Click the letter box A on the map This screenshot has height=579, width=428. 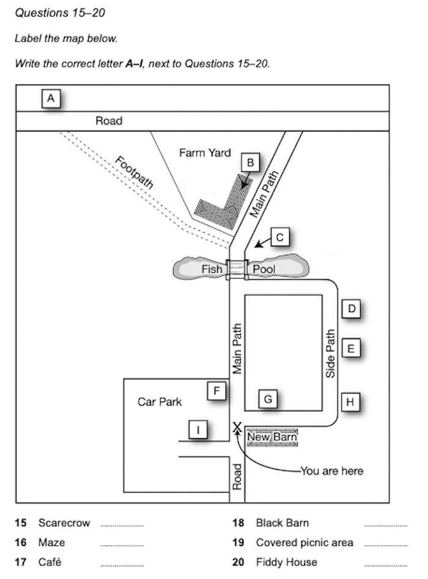[x=51, y=98]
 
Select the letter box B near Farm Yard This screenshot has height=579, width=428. [x=250, y=163]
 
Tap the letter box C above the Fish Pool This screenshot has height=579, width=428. [x=279, y=237]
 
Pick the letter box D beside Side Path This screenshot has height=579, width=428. [x=351, y=309]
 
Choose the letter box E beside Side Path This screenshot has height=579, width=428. [x=351, y=349]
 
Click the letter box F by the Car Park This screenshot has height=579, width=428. [x=216, y=390]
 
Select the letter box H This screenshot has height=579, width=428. [x=350, y=402]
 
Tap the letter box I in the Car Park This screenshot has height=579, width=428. [x=197, y=430]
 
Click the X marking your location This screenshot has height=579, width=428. [x=237, y=426]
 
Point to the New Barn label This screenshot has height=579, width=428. [x=272, y=437]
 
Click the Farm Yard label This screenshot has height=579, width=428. [x=205, y=153]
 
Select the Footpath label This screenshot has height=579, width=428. [x=135, y=173]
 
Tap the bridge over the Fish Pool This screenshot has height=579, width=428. [x=237, y=269]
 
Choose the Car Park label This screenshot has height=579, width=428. [x=160, y=402]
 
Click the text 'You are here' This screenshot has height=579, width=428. [x=332, y=471]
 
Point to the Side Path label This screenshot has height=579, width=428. [x=331, y=354]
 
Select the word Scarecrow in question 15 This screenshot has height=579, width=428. [x=64, y=523]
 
